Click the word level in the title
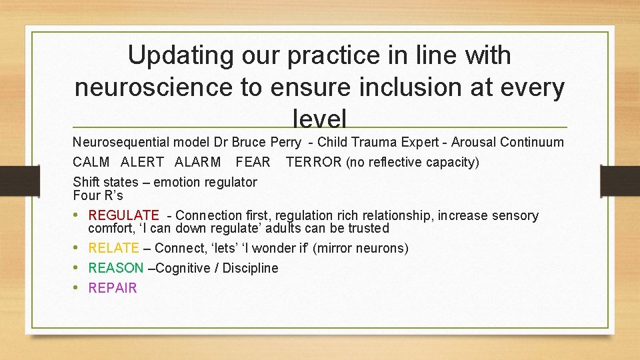click(x=319, y=119)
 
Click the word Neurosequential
click(x=121, y=142)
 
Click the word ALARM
click(x=197, y=162)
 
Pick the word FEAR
click(x=253, y=162)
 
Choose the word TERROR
click(x=313, y=162)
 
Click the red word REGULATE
click(x=123, y=215)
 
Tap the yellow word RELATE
click(x=113, y=248)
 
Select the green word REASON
click(x=115, y=268)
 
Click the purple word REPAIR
click(x=112, y=288)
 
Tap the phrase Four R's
click(x=98, y=195)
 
